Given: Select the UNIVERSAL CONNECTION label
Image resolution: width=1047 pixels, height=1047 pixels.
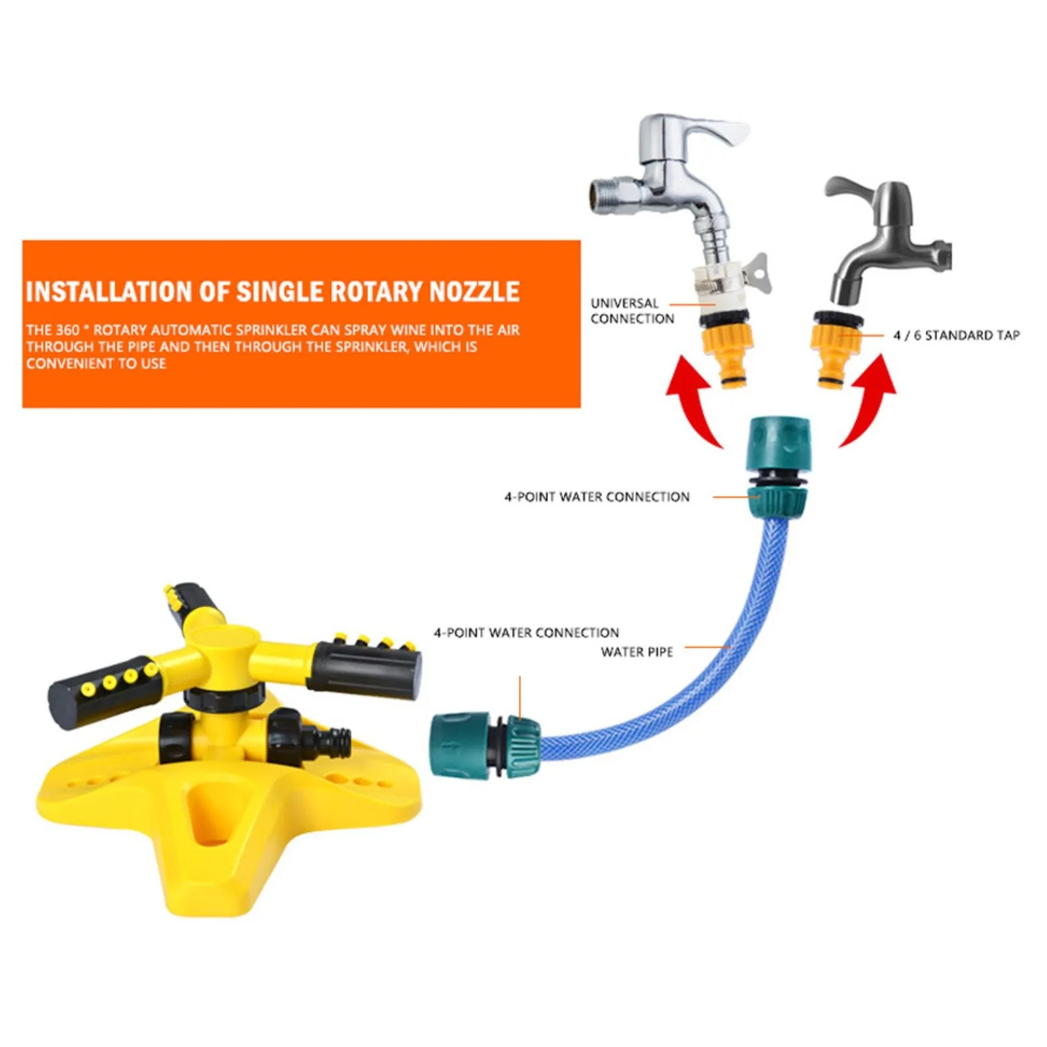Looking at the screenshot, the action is click(631, 311).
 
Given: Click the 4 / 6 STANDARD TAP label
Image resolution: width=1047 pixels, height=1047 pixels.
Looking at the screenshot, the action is click(956, 335).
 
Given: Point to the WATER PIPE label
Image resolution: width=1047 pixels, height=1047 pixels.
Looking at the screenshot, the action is click(637, 652).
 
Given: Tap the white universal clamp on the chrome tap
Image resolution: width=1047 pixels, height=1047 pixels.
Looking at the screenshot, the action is click(723, 285).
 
